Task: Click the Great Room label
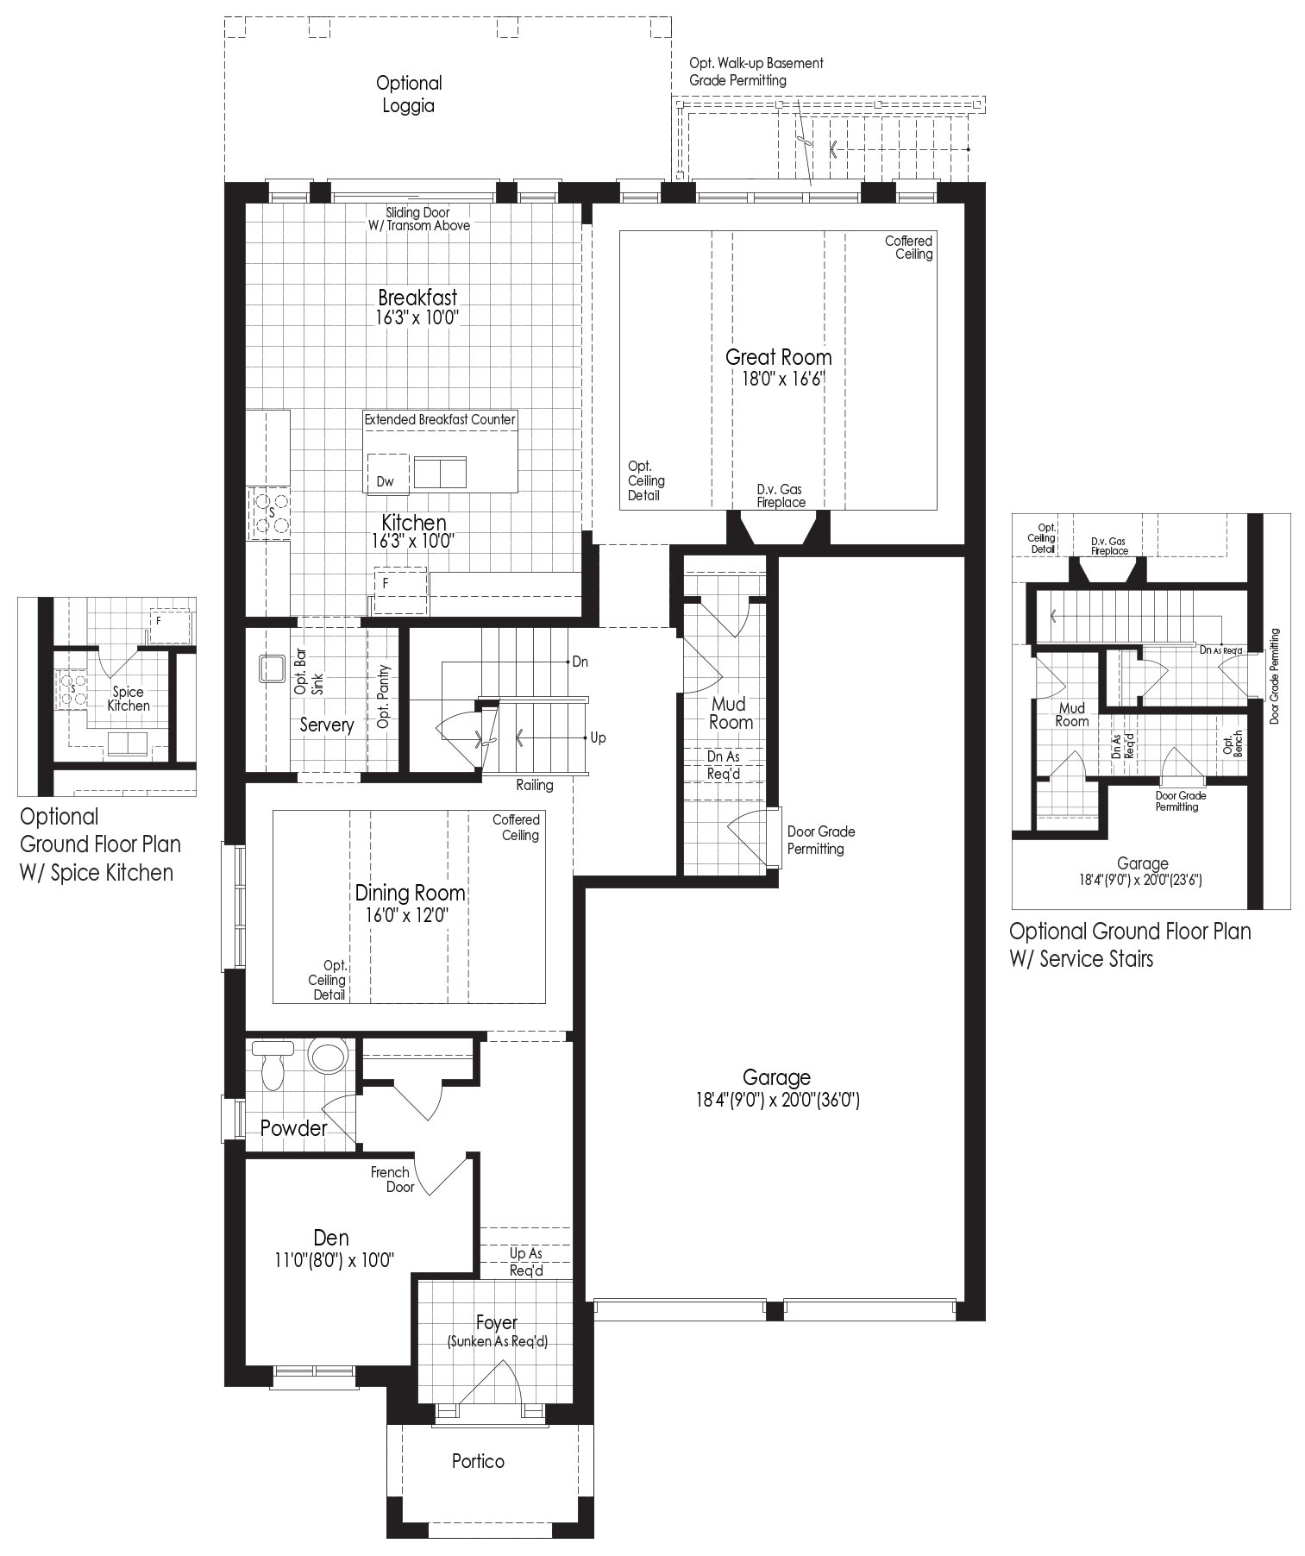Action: [778, 356]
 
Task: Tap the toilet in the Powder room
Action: [273, 1064]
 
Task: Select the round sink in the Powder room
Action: [328, 1055]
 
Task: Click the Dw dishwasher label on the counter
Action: [386, 481]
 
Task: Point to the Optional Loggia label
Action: [409, 94]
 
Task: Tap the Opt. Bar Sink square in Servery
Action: [273, 668]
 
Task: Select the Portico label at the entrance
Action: [478, 1461]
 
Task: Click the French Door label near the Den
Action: [392, 1179]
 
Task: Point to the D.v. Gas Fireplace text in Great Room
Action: [781, 496]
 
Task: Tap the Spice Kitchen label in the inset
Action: [129, 699]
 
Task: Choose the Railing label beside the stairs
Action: [535, 785]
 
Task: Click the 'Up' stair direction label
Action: [598, 737]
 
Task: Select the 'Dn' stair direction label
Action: [580, 662]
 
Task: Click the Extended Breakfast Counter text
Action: [440, 419]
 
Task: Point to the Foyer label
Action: [497, 1322]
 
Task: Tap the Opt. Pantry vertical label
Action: [384, 696]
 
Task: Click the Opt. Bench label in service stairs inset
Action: [1233, 744]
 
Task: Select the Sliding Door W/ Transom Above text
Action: [418, 219]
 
